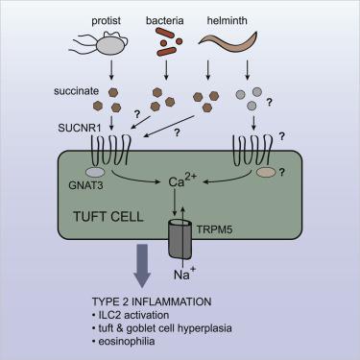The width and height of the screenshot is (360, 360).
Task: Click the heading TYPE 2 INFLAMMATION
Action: point(179,303)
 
